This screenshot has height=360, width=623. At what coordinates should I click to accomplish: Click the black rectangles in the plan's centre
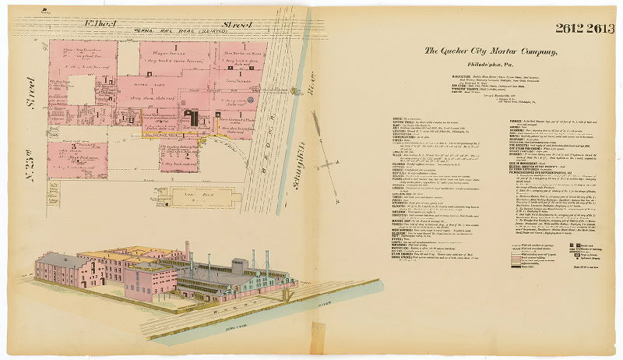192,118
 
